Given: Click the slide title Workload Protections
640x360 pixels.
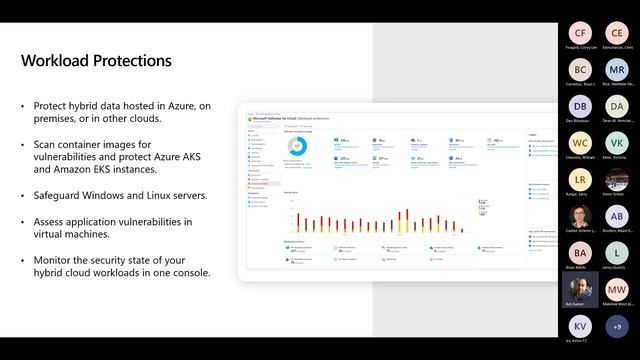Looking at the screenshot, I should (96, 61).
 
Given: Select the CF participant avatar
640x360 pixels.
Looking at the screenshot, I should (582, 33).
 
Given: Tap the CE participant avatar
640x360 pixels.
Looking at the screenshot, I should (617, 33).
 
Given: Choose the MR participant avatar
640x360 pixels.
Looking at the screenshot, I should (617, 70).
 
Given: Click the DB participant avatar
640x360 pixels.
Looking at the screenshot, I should (582, 107).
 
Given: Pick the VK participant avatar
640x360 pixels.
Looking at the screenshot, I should (617, 143).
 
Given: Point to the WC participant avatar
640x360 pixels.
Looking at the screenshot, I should (582, 143).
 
